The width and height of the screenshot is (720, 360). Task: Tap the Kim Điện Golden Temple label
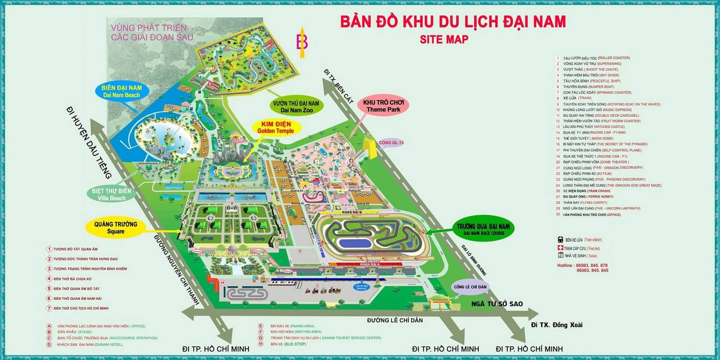[x=275, y=127]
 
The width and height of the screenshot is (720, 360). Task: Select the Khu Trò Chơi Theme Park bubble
[x=383, y=106]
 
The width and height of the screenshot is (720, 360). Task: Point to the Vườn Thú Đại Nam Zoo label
[x=296, y=107]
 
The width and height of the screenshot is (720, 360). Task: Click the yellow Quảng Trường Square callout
[x=116, y=228]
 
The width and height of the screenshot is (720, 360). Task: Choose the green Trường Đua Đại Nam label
[x=483, y=229]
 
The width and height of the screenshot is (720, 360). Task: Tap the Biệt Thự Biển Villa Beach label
[x=112, y=194]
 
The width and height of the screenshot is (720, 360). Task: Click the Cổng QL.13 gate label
[x=391, y=143]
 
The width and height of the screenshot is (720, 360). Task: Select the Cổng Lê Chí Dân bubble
[x=470, y=287]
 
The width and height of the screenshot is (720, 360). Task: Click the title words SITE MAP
[x=444, y=40]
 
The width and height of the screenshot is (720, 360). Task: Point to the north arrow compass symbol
[x=302, y=43]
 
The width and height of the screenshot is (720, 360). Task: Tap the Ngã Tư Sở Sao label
[x=497, y=304]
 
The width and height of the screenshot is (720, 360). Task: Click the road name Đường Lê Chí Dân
[x=395, y=320]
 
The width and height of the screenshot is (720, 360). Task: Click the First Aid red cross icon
[x=560, y=248]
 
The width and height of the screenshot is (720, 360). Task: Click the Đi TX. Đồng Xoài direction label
[x=557, y=325]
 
